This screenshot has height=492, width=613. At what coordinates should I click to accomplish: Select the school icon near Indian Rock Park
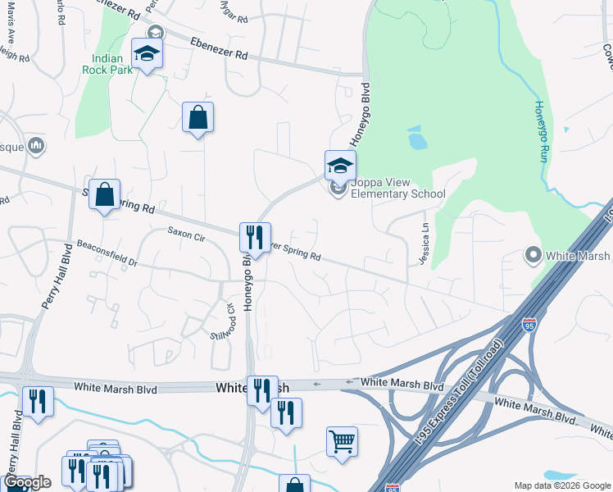point(148,55)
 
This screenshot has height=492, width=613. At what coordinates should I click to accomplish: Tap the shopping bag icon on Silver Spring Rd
point(104,195)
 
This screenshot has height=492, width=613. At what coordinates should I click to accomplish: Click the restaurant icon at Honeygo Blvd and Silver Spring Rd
point(255,238)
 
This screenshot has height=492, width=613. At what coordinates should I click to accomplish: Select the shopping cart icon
point(342,441)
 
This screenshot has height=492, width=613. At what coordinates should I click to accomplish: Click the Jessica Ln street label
point(425,239)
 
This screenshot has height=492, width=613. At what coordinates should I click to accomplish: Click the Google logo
point(26,482)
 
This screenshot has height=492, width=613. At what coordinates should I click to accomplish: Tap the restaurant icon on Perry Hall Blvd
point(38,403)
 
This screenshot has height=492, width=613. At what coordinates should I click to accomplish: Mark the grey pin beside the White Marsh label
point(534,256)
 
